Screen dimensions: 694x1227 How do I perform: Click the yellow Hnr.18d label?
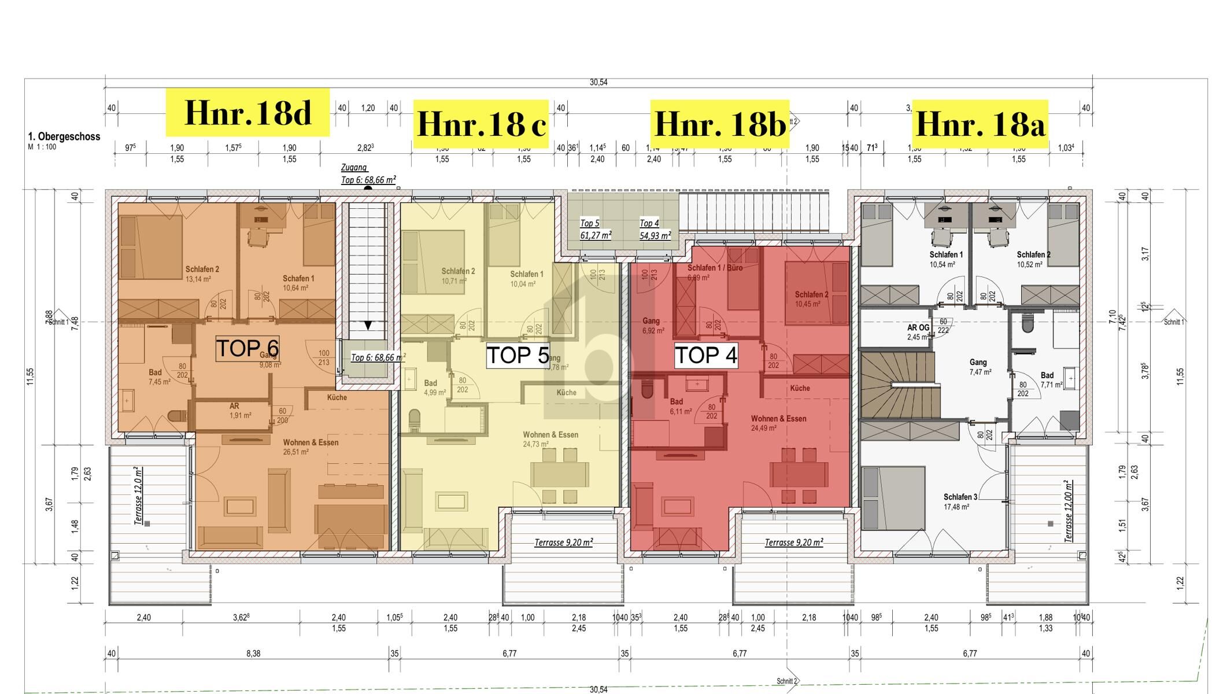pyautogui.click(x=247, y=112)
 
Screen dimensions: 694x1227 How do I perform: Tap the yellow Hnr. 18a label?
pyautogui.click(x=980, y=124)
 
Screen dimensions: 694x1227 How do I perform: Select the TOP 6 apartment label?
pyautogui.click(x=247, y=349)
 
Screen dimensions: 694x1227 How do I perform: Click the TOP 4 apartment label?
pyautogui.click(x=706, y=355)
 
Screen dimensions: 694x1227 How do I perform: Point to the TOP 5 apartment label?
pyautogui.click(x=518, y=355)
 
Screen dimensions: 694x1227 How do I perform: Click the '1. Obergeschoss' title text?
pyautogui.click(x=64, y=137)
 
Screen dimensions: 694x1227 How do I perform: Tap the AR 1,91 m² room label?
pyautogui.click(x=236, y=411)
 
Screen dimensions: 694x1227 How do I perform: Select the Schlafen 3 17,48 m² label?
pyautogui.click(x=960, y=501)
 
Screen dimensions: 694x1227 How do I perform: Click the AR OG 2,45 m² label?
pyautogui.click(x=918, y=332)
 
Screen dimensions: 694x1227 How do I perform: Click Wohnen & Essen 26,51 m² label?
pyautogui.click(x=311, y=446)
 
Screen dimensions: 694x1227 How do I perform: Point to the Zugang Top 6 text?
pyautogui.click(x=368, y=174)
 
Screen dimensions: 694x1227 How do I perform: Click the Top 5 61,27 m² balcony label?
pyautogui.click(x=595, y=229)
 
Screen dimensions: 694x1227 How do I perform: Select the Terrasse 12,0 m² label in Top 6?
pyautogui.click(x=139, y=496)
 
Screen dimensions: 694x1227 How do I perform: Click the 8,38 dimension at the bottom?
pyautogui.click(x=253, y=654)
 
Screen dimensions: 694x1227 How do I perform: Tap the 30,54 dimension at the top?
pyautogui.click(x=598, y=83)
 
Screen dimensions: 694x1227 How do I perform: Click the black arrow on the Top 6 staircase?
pyautogui.click(x=368, y=326)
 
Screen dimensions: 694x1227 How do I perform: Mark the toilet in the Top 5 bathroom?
pyautogui.click(x=415, y=420)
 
